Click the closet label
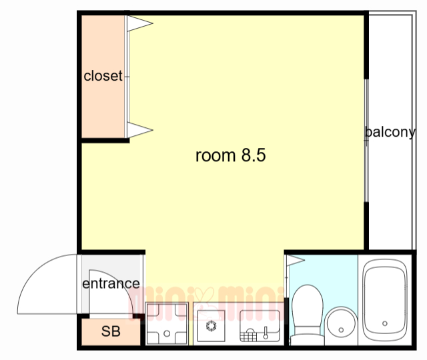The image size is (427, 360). click(x=103, y=76)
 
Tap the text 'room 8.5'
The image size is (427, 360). click(x=230, y=155)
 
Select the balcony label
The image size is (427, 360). click(x=390, y=133)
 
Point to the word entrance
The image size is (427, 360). click(x=111, y=284)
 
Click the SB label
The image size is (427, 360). click(x=111, y=331)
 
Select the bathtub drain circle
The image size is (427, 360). click(x=385, y=323)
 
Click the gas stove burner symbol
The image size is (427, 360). click(x=211, y=326)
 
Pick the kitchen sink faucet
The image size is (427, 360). click(x=266, y=333)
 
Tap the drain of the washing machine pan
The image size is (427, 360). click(x=167, y=333)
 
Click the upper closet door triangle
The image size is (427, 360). click(x=139, y=23)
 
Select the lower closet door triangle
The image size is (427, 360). click(x=139, y=130)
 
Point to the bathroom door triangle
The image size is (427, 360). click(x=296, y=260)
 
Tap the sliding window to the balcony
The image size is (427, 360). click(x=366, y=141)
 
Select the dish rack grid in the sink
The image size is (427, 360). click(x=248, y=335)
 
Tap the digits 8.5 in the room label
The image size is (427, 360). click(x=254, y=155)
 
